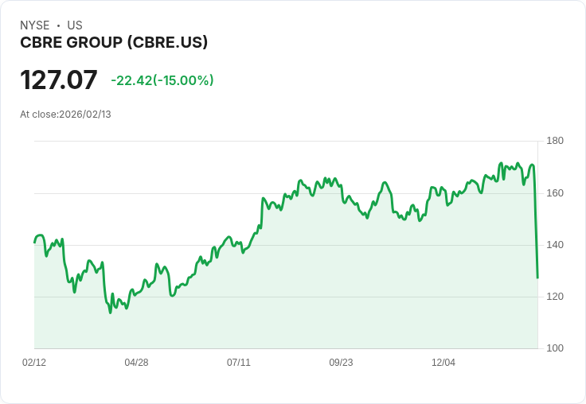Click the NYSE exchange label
35,25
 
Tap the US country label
75,25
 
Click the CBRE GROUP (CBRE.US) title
114,42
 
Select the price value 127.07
59,80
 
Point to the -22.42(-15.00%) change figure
162,80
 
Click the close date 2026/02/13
85,115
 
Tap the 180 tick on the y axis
555,142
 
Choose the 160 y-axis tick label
555,193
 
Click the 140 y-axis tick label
555,245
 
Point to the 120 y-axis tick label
555,297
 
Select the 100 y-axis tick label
555,348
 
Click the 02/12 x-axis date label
34,363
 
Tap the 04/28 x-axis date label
136,363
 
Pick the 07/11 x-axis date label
239,363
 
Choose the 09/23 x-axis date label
341,363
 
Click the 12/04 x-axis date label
443,363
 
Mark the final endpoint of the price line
537,278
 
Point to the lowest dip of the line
110,313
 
